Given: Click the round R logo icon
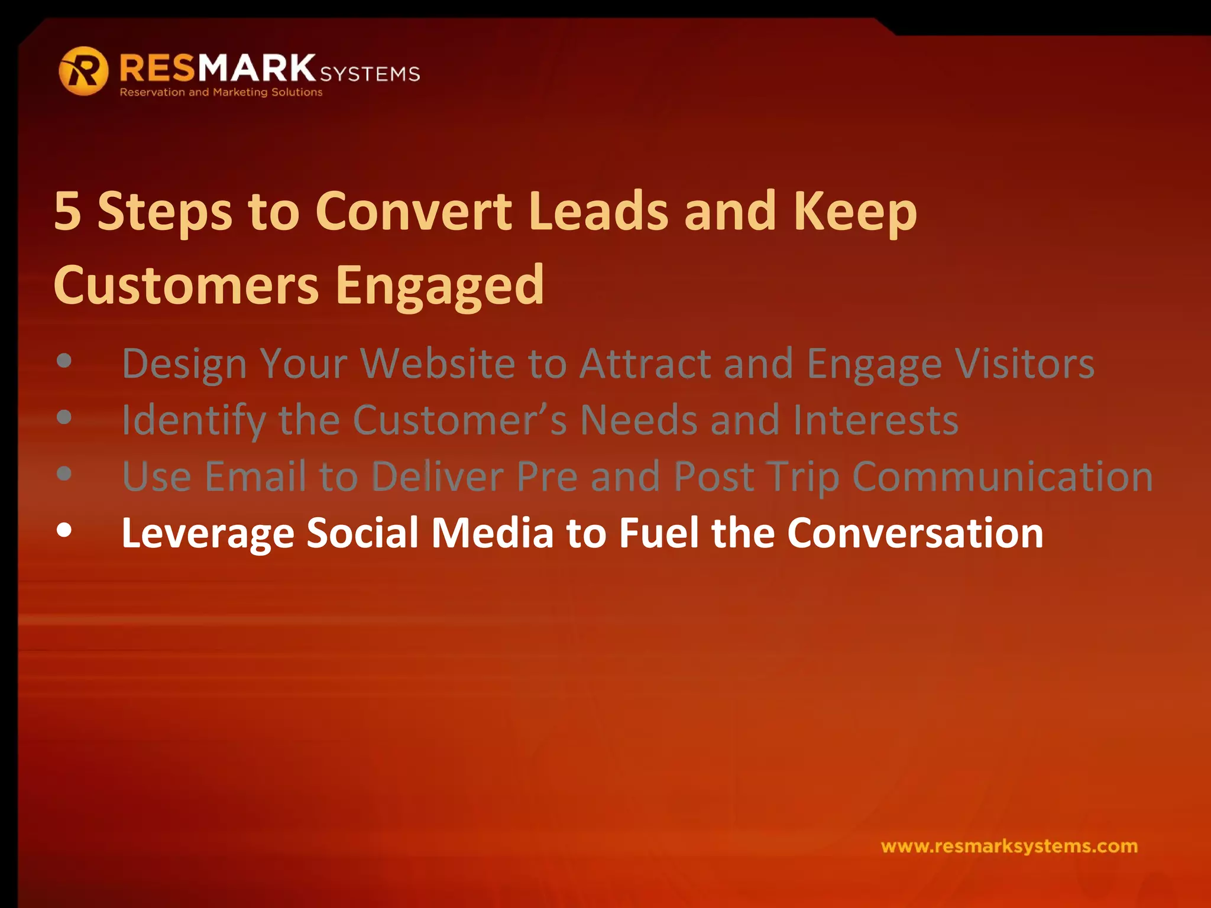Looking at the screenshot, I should (83, 71).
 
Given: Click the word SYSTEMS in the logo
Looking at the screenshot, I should (370, 74).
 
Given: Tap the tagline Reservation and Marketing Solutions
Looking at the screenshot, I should (221, 92).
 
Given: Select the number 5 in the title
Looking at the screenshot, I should (67, 211).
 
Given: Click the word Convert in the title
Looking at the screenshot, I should (413, 211).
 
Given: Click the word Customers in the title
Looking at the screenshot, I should (186, 286).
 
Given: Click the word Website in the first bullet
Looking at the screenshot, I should (438, 363).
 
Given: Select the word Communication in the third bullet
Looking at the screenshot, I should (1002, 476).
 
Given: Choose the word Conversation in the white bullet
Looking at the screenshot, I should (915, 533).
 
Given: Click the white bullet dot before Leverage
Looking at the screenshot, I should (64, 530).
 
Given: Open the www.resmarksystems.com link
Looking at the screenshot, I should (1009, 847).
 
